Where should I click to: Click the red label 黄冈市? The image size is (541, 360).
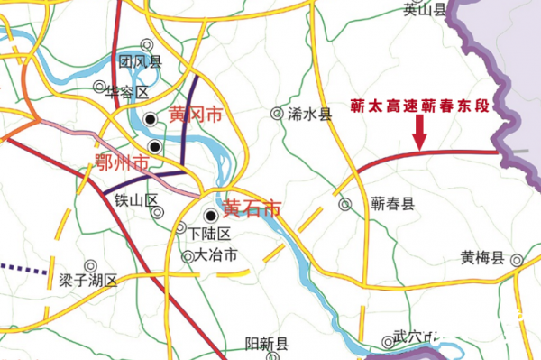pos(195,116)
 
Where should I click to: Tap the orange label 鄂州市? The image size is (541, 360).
pos(122,163)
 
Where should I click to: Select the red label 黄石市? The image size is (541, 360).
pos(252,208)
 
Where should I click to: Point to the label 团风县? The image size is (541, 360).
pos(140,61)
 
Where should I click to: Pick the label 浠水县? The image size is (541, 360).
pos(310,115)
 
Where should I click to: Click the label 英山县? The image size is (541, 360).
pos(425,10)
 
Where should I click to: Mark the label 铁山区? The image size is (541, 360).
pos(136,199)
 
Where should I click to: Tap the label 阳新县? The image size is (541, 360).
pos(268,345)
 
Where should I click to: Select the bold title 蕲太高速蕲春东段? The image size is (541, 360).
pos(420,106)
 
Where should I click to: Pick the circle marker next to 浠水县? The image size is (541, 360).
pos(278,114)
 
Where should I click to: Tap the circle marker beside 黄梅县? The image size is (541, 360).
pos(518,261)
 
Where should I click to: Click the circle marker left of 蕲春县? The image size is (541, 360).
pos(344,205)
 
